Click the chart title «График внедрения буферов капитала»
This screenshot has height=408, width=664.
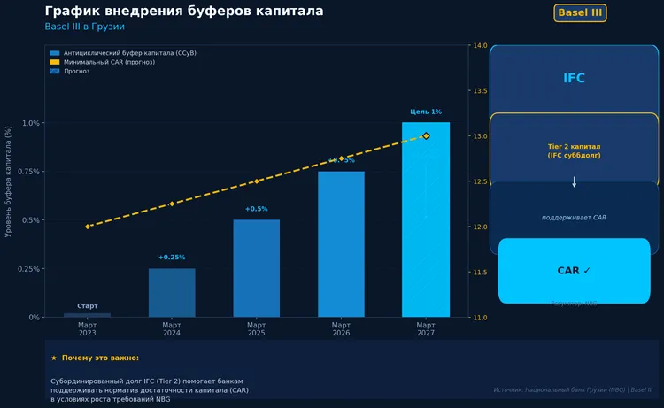point(183,12)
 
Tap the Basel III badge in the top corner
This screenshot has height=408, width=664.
point(580,12)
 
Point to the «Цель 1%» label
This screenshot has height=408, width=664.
point(425,112)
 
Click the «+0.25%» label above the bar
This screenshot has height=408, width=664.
point(172,258)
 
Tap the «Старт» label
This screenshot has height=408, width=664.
point(88,305)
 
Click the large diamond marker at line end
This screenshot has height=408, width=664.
point(426,135)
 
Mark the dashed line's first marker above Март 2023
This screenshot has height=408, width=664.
point(88,227)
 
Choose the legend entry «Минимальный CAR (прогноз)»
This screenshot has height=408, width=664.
point(102,62)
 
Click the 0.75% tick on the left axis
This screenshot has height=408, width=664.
point(27,172)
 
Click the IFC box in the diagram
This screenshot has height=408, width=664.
point(574,79)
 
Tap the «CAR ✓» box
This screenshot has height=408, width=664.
point(574,271)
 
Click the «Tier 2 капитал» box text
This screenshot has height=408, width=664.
point(574,150)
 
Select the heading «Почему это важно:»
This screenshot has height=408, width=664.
point(100,358)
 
